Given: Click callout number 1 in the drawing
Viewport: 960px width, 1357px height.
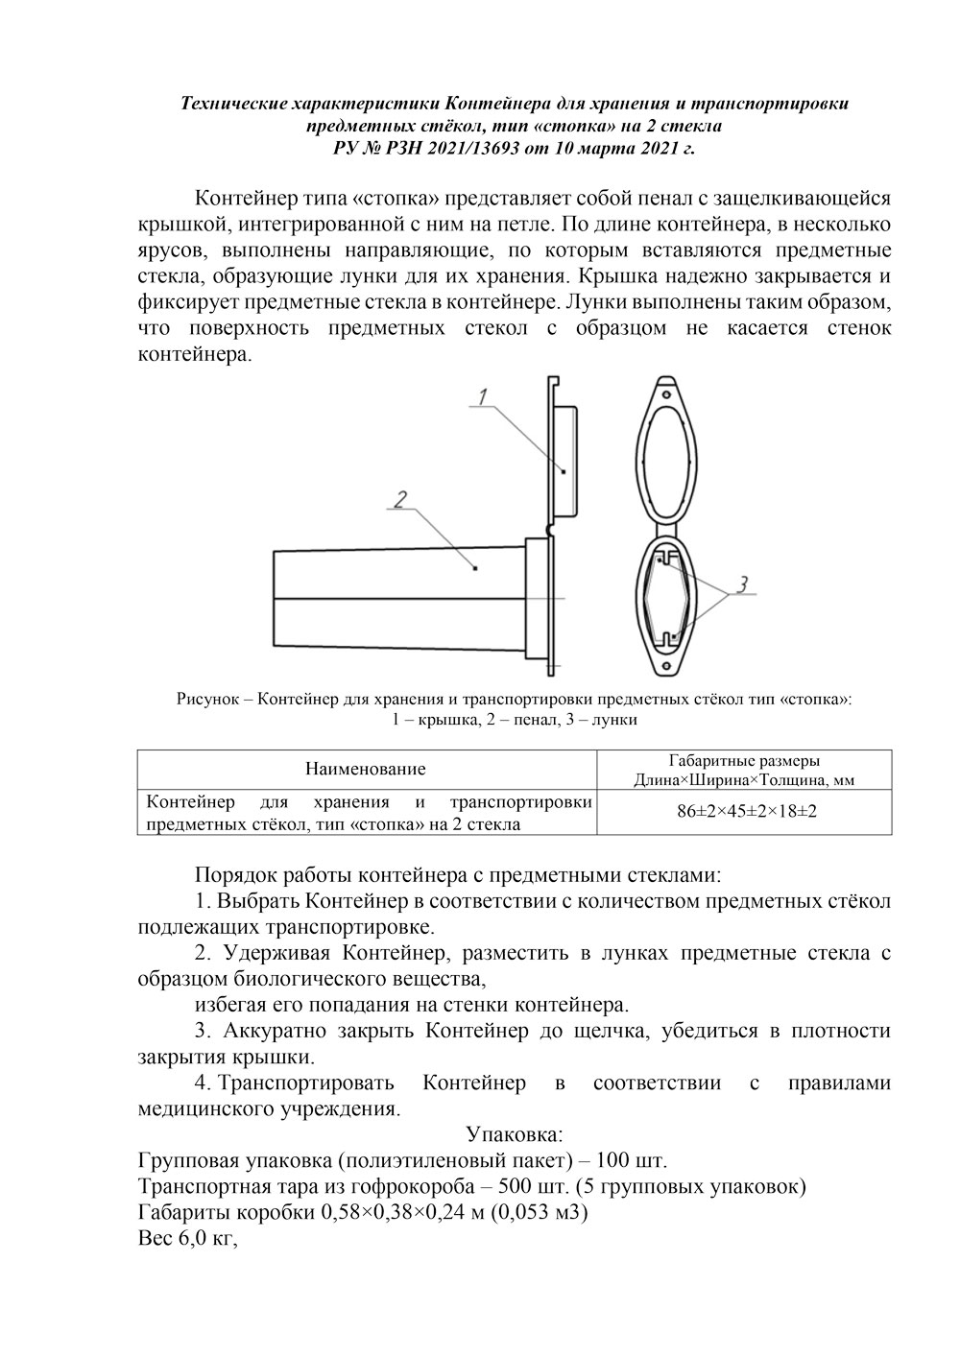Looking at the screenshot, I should coord(484,395).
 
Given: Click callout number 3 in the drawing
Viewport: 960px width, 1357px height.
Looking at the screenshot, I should coord(742,583).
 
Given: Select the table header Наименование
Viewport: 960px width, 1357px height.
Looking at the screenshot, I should coord(365,769).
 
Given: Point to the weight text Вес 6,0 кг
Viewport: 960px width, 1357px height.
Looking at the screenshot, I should coord(186,1239).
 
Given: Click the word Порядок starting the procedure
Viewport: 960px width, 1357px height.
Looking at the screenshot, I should coord(232,875).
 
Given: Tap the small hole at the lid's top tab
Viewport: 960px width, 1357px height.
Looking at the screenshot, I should coord(663,392).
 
